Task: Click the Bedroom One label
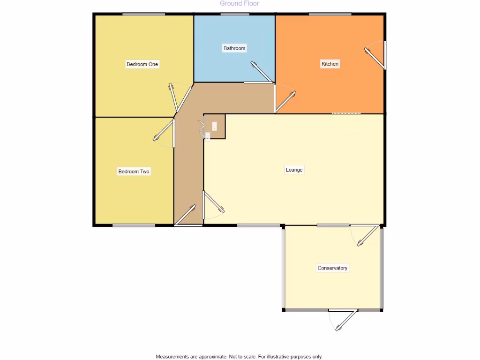point(142,64)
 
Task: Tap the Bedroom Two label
point(134,172)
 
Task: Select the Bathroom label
point(234,48)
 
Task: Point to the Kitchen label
point(330,64)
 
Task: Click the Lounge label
point(294,170)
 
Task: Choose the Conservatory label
point(332,268)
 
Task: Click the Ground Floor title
point(239,4)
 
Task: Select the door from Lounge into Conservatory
point(368,236)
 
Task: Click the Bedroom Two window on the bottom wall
point(134,225)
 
